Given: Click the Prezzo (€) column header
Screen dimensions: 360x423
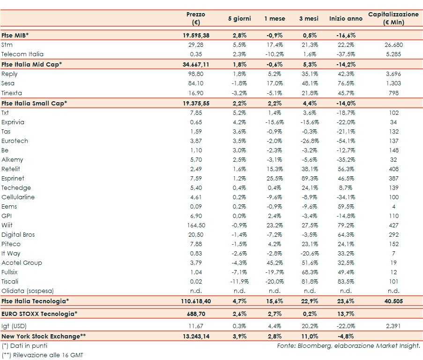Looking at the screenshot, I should coord(195,18).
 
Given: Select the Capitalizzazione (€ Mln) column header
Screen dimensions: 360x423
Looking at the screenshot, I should coord(393,18).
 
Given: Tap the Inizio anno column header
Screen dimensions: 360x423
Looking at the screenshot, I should coord(346,19).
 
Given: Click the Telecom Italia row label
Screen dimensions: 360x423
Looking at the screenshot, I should coord(22,54).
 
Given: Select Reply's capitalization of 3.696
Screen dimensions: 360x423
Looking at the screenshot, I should coord(393,74).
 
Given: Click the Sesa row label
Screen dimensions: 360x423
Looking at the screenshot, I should coord(8,83).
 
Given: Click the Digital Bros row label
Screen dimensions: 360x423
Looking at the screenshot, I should coord(18,235).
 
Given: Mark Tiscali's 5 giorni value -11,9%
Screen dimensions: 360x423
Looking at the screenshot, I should coord(239,282).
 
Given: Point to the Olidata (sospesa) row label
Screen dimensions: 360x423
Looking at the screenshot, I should coord(27,291).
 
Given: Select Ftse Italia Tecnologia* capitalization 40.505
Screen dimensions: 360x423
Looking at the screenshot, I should coord(393,301).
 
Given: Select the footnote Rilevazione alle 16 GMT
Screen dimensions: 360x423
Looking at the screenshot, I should coord(42,355).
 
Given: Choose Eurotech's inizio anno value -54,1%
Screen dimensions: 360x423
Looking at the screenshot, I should coord(346,141).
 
